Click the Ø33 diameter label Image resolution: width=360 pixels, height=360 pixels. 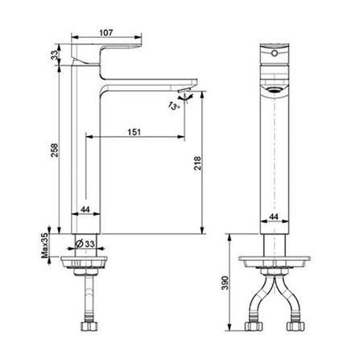88,244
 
